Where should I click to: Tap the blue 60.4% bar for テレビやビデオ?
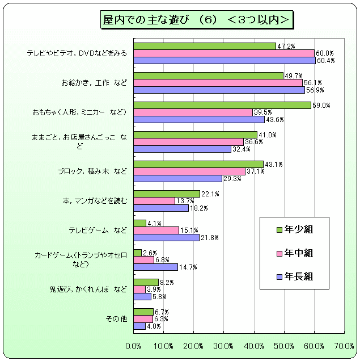[x=225, y=61]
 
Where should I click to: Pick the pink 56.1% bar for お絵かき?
[x=218, y=83]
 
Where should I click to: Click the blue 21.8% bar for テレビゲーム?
[x=166, y=237]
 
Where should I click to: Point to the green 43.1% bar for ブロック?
[x=198, y=164]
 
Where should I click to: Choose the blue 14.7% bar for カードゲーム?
[x=155, y=267]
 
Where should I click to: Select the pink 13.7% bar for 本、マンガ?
[x=154, y=201]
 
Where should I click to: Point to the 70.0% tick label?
[x=344, y=346]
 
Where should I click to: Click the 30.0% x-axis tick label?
[x=224, y=346]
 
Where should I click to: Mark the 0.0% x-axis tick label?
[x=134, y=346]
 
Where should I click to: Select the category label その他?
[x=116, y=319]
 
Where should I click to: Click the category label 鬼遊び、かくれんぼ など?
[x=88, y=289]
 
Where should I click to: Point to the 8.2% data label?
[x=166, y=282]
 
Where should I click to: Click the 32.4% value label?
[x=239, y=149]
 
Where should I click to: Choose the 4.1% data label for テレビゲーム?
[x=154, y=223]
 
